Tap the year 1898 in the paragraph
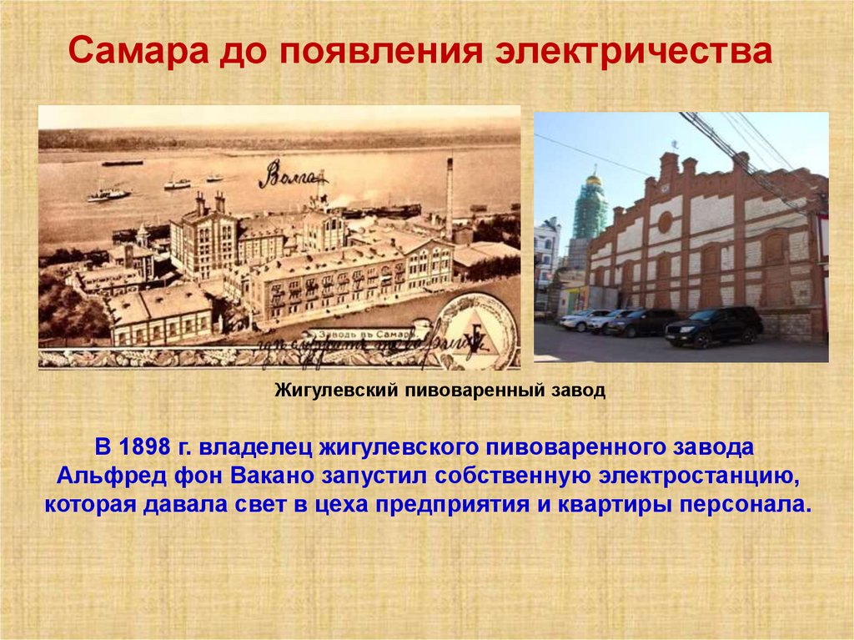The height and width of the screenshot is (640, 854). click(147, 447)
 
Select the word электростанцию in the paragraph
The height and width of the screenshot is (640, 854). click(673, 476)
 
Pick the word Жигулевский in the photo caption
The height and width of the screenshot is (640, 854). click(336, 391)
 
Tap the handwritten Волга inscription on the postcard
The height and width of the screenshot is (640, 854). click(291, 174)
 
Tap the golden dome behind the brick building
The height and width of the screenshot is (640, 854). click(593, 179)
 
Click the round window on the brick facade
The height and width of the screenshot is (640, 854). click(665, 222)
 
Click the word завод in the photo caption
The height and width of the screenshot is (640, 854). click(582, 391)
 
